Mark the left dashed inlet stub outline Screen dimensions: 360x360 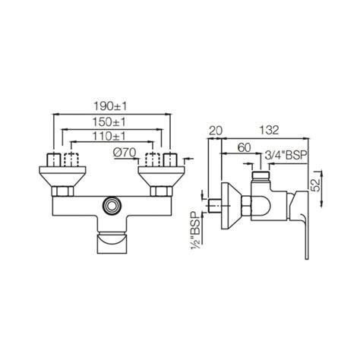click(72, 161)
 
